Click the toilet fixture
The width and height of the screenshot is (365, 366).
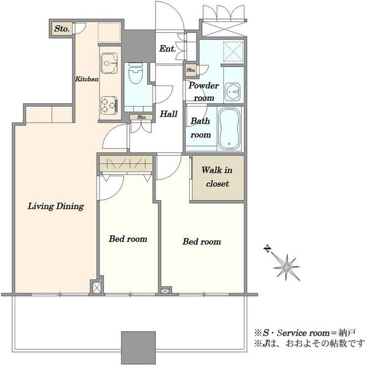pyautogui.click(x=136, y=73)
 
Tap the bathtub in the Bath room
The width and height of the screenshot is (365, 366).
pyautogui.click(x=229, y=129)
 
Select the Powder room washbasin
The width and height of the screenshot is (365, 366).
pyautogui.click(x=233, y=92)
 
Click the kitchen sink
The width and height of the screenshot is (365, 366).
pyautogui.click(x=109, y=63)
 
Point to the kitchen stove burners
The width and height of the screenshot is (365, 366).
pyautogui.click(x=109, y=106)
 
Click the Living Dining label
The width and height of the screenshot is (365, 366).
pyautogui.click(x=56, y=206)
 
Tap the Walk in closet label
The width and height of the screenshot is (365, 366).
pyautogui.click(x=217, y=177)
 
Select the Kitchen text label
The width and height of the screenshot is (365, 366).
pyautogui.click(x=87, y=79)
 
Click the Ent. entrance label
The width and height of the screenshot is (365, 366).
pyautogui.click(x=167, y=49)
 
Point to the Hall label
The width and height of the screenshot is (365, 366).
pyautogui.click(x=168, y=114)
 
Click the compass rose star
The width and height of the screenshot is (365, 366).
pyautogui.click(x=286, y=267)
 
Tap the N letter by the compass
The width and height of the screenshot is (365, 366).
pyautogui.click(x=267, y=249)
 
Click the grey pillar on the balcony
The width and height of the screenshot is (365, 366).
pyautogui.click(x=138, y=348)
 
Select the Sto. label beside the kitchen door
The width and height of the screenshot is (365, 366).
pyautogui.click(x=62, y=29)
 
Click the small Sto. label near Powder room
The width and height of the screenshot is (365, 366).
pyautogui.click(x=191, y=70)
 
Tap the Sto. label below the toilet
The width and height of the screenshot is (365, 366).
pyautogui.click(x=142, y=117)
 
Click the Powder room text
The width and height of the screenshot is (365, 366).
pyautogui.click(x=204, y=91)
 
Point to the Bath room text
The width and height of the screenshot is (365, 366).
pyautogui.click(x=201, y=127)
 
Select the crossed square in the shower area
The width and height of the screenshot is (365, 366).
pyautogui.click(x=234, y=51)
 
